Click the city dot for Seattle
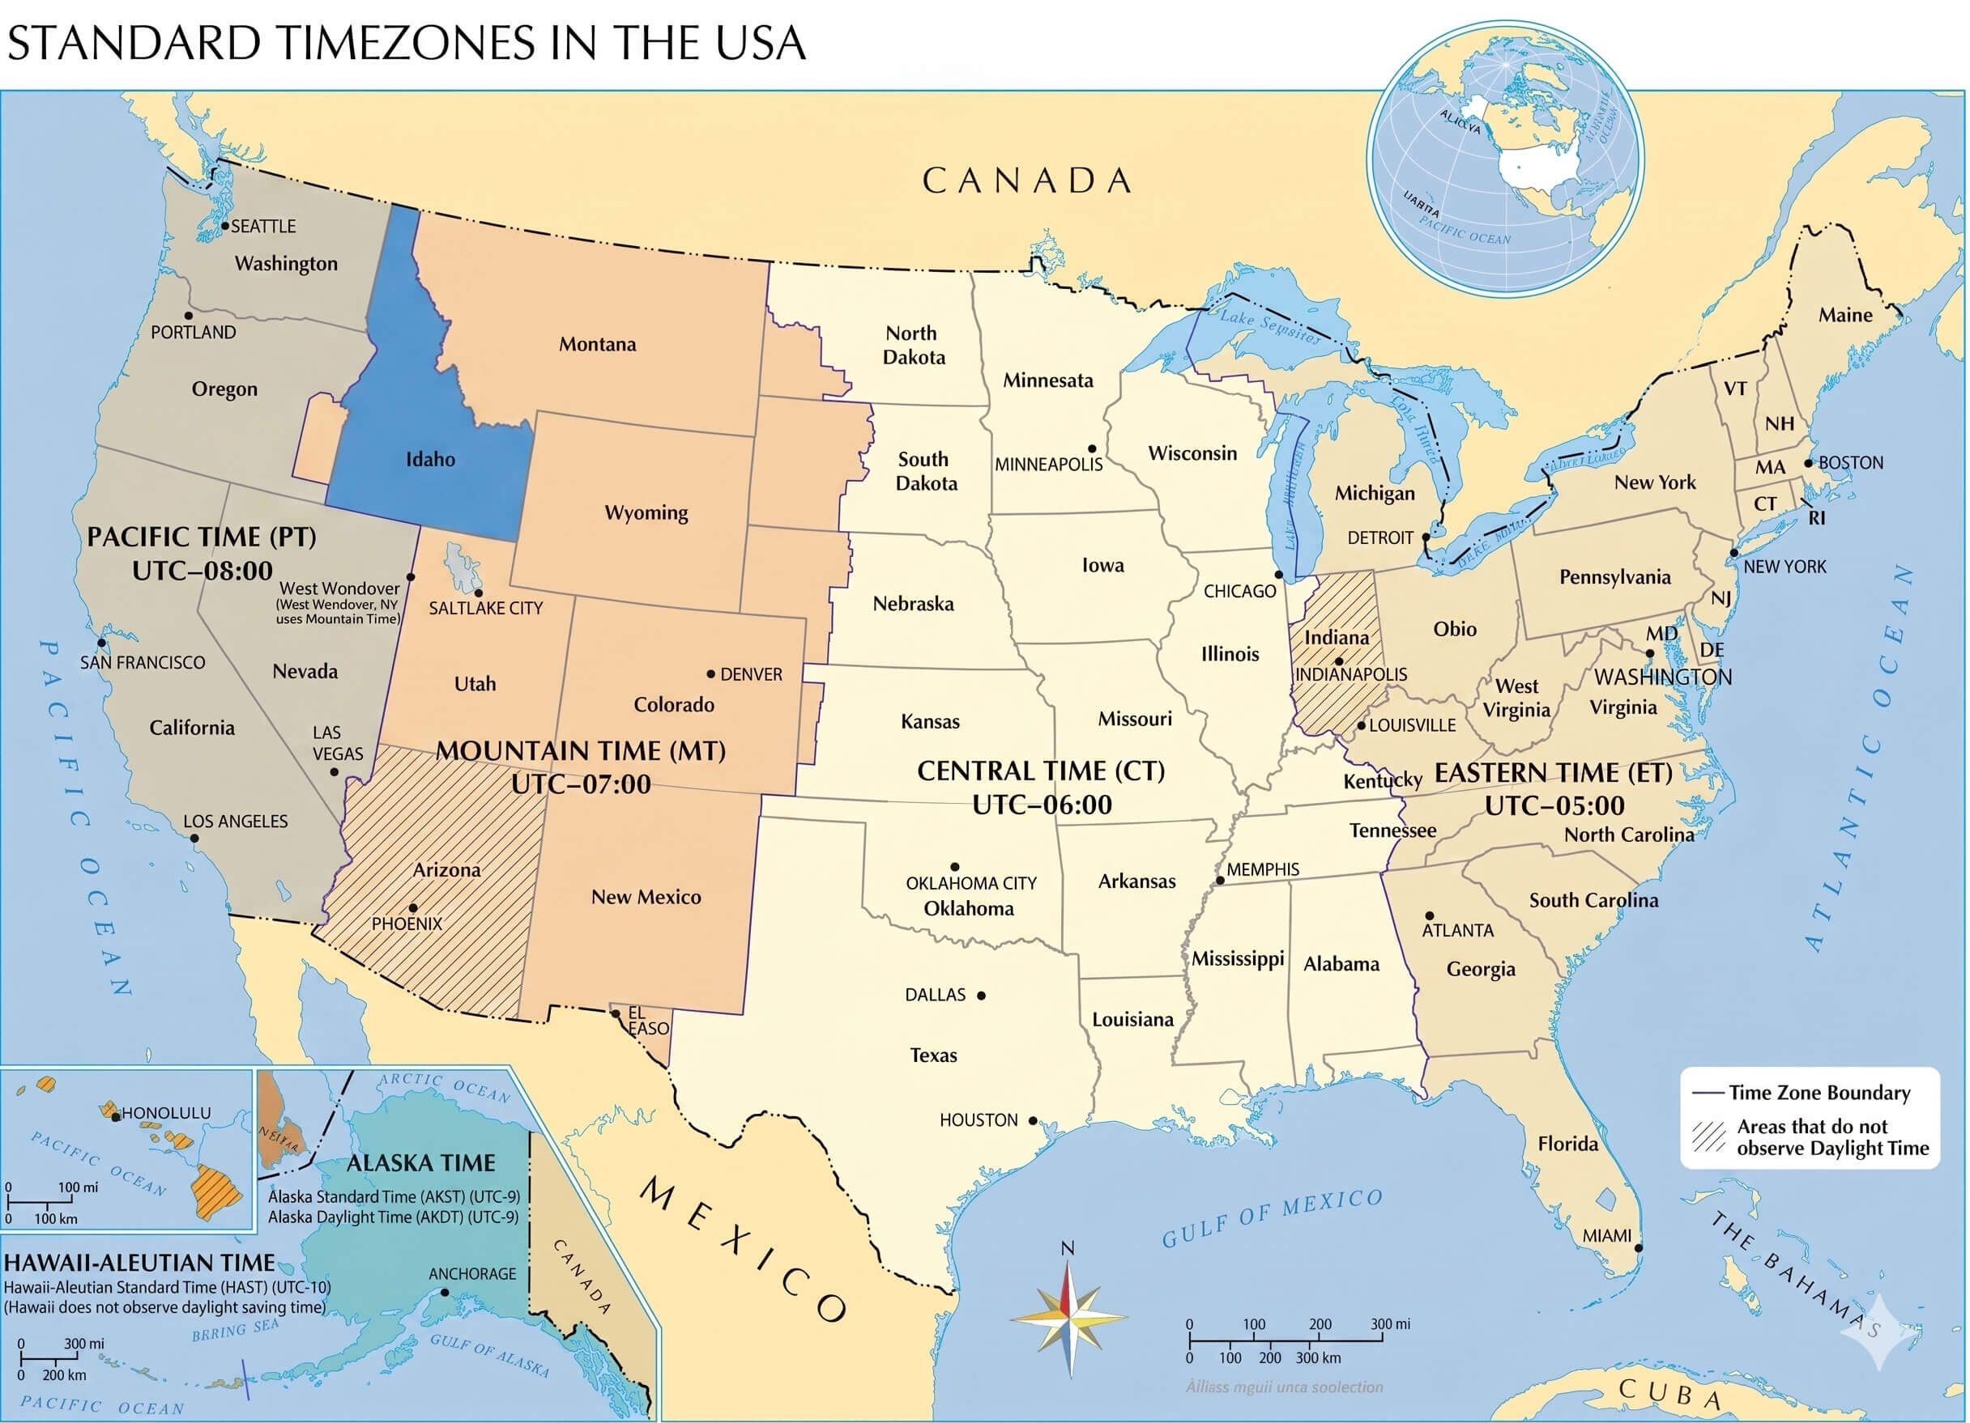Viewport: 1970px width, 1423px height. pos(225,226)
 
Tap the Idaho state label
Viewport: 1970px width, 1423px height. pos(430,459)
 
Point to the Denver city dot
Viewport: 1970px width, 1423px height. pos(710,673)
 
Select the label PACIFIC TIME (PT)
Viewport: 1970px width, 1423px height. pos(202,537)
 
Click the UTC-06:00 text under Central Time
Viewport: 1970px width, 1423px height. pos(1042,805)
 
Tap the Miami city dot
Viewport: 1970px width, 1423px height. pos(1638,1247)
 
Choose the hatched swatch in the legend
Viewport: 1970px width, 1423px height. pos(1708,1136)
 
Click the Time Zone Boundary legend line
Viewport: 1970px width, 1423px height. pos(1708,1093)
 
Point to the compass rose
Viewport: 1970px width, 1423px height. pos(1069,1319)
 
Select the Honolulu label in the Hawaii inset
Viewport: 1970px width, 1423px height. pos(166,1113)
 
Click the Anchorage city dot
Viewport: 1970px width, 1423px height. pos(445,1292)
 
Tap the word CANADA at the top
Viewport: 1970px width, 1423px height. pos(1026,181)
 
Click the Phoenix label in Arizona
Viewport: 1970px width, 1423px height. pos(407,924)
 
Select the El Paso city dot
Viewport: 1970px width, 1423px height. pos(615,1013)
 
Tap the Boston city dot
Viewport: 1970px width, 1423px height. pos(1809,464)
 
